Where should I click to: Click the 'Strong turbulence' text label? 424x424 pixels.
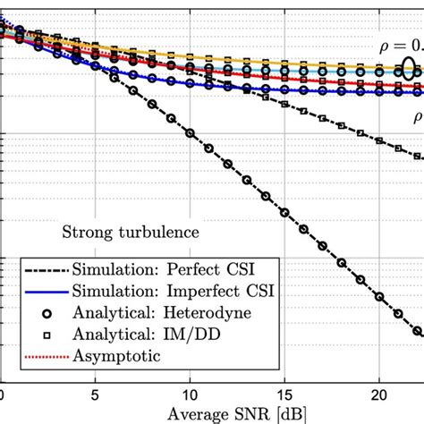(x=130, y=233)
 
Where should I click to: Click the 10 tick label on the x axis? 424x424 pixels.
(x=189, y=394)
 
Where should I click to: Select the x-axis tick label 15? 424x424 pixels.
(x=284, y=394)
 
